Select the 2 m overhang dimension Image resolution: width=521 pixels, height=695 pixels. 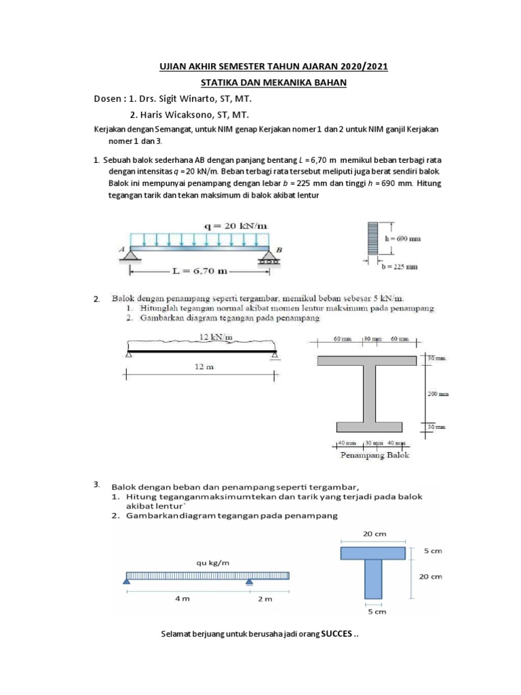tap(265, 599)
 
